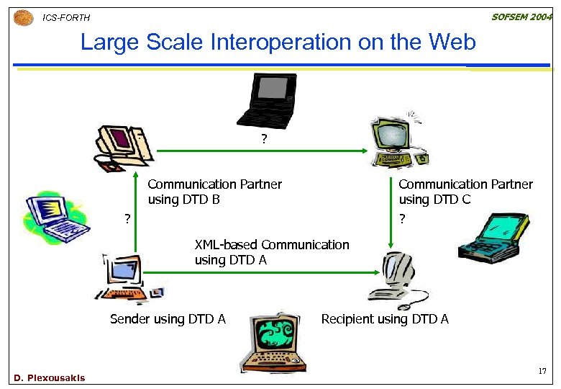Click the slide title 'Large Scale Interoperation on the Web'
tap(278, 43)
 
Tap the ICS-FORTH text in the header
tap(67, 17)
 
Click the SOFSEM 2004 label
tap(521, 17)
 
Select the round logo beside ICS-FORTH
tap(23, 17)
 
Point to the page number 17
tap(542, 372)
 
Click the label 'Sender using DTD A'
tap(168, 319)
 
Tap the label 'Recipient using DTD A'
tap(385, 319)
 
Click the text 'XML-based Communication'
tap(272, 245)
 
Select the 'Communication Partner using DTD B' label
tap(214, 192)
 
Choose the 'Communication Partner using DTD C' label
tap(465, 192)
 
